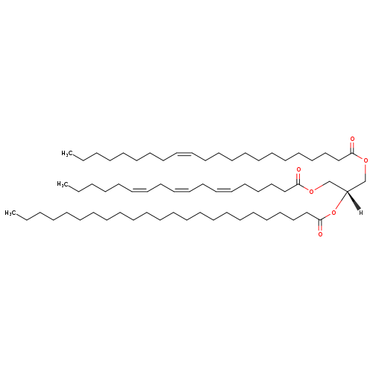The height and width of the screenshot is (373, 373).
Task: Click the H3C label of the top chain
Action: coord(66,153)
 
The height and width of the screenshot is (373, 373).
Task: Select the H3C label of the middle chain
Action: coord(61,184)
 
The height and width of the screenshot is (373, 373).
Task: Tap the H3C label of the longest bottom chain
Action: coord(9,213)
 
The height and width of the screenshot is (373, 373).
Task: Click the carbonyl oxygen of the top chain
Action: coord(352,139)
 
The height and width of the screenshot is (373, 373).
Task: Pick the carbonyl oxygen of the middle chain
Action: coord(298,169)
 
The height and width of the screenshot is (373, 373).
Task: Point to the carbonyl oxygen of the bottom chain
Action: coord(320,234)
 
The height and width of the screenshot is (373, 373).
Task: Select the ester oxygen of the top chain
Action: coord(366,160)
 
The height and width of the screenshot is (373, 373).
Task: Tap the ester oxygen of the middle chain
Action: coord(311,191)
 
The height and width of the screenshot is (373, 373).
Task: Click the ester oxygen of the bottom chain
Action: coord(333,213)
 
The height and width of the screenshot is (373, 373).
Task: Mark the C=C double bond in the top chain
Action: coord(184,154)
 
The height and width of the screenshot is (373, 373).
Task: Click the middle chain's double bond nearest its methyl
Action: coord(140,190)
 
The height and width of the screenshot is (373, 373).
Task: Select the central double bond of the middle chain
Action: coord(181,190)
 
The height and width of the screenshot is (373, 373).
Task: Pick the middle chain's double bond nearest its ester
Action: coord(224,190)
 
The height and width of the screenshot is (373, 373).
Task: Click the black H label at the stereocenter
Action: coord(361,213)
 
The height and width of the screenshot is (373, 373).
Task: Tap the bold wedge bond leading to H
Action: coord(354,200)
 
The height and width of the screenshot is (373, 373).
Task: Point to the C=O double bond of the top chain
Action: coord(352,148)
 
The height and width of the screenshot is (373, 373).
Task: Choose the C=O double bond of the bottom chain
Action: coord(320,225)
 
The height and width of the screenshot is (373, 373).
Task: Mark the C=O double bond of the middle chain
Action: coord(298,178)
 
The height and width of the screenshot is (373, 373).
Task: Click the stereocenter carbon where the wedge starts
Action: coord(347,191)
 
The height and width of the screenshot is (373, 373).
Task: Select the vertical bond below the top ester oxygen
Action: coord(366,172)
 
